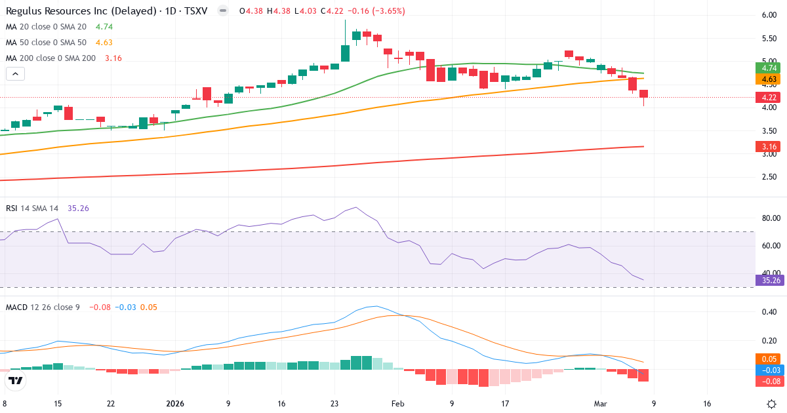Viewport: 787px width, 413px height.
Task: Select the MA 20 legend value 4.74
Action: (104, 27)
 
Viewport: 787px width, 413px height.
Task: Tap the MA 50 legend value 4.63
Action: (104, 43)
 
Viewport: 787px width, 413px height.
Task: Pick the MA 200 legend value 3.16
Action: (113, 58)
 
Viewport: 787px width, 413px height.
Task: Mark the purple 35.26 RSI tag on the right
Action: (769, 280)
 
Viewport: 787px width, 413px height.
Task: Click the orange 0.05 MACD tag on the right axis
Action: (769, 359)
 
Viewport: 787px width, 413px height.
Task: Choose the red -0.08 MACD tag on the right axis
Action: (769, 381)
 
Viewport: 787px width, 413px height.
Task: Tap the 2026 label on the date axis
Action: (176, 404)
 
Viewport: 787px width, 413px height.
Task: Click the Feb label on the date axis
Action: (397, 404)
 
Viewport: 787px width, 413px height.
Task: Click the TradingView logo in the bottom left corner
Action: (16, 380)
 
